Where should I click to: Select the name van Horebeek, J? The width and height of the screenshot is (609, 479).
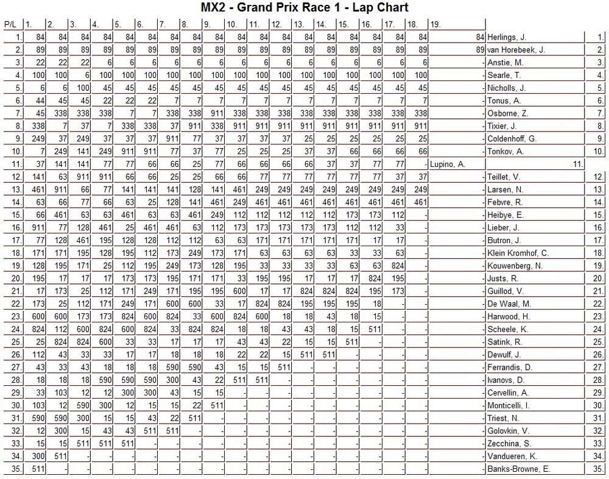[x=516, y=50]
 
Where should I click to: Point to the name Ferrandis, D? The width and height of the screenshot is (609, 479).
[x=510, y=367]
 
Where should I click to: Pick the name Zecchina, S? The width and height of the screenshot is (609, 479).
[x=509, y=444]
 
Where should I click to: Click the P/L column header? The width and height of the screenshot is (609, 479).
[x=10, y=25]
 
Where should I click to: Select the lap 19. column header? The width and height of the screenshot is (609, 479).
[x=436, y=25]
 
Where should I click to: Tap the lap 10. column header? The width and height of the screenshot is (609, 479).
[x=231, y=25]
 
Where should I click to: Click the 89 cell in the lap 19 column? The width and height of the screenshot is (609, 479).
[x=480, y=50]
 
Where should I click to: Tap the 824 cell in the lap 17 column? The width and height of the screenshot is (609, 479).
[x=398, y=266]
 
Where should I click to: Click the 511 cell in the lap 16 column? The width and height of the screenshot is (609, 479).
[x=375, y=330]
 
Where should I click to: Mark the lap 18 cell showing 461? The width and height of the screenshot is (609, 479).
[x=420, y=202]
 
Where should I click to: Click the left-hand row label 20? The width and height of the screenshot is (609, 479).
[x=17, y=279]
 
